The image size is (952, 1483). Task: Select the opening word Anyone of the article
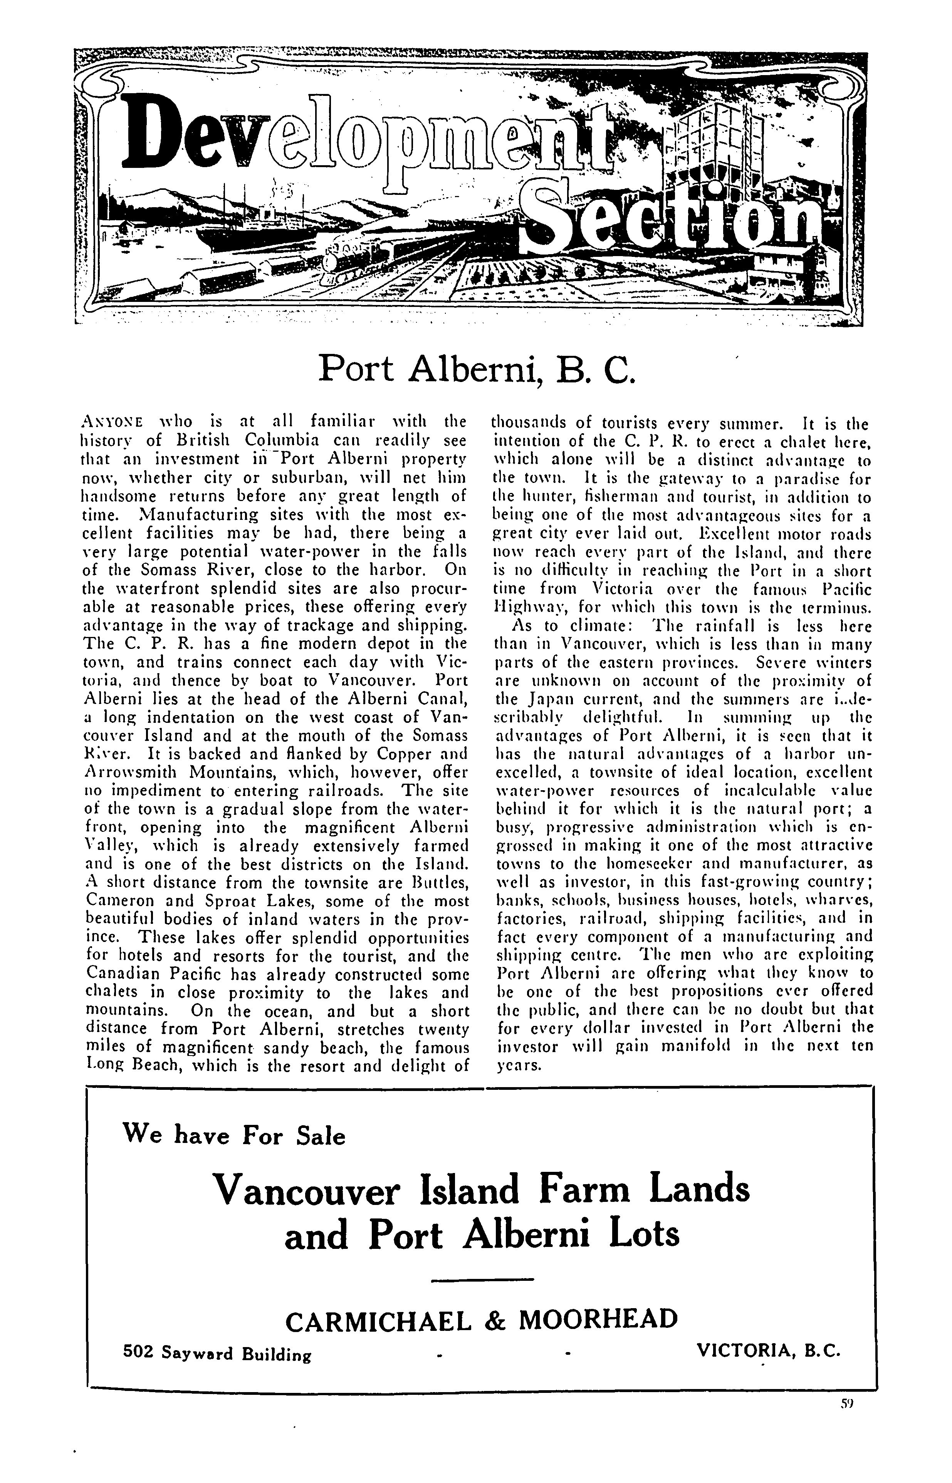pos(112,423)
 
